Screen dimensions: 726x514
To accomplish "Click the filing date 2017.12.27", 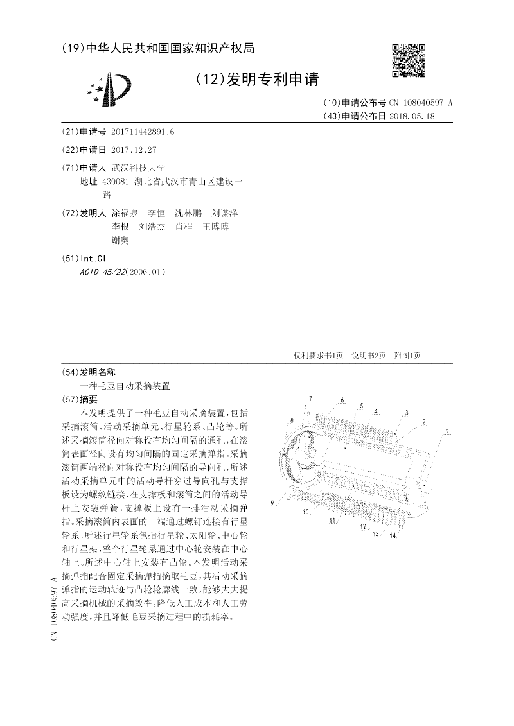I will (134, 150).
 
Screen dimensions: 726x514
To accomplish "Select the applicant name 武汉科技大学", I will (139, 167).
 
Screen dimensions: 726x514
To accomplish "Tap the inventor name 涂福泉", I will (124, 212).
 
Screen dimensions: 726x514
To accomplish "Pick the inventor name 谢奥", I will (120, 240).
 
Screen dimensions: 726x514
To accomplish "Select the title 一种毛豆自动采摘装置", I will (125, 386).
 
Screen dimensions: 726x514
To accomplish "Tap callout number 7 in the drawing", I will (310, 399).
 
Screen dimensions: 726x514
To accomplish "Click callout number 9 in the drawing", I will (272, 502).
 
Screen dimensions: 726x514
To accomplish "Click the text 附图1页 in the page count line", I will (407, 355).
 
